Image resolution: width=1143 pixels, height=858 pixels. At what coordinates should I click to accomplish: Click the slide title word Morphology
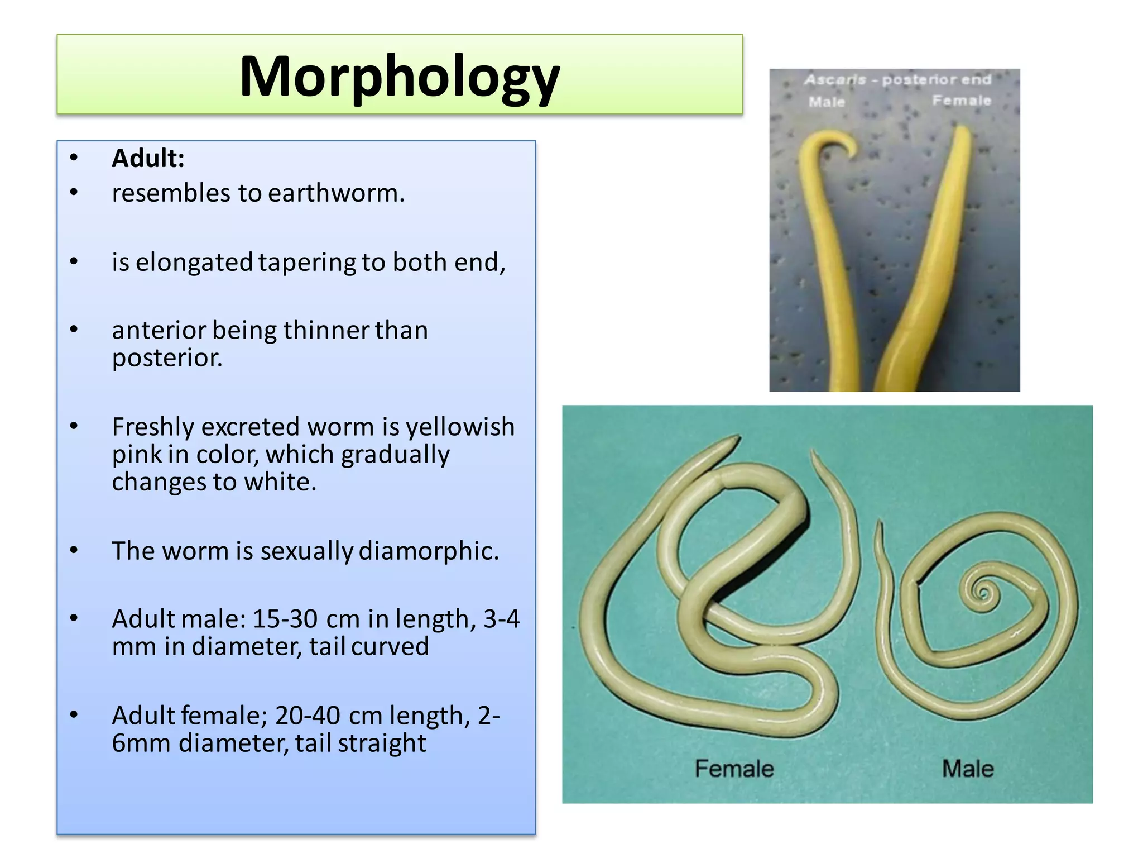(x=399, y=77)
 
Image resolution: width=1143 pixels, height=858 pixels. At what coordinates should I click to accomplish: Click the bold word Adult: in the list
(x=148, y=158)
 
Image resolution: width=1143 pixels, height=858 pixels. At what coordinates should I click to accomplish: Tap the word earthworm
(x=336, y=193)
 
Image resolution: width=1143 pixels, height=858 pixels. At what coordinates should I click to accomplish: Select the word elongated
(x=194, y=262)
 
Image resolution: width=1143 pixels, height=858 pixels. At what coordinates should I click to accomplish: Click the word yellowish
(x=460, y=427)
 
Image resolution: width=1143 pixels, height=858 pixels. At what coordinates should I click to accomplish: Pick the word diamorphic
(x=429, y=551)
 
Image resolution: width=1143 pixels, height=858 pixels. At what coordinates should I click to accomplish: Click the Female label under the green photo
(x=734, y=769)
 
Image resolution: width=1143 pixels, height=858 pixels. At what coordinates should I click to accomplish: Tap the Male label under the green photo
(x=968, y=769)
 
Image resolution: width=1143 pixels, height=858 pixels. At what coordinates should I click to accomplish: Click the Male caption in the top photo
(x=827, y=102)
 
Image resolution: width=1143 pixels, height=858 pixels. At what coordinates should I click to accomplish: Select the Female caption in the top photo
(x=961, y=101)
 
